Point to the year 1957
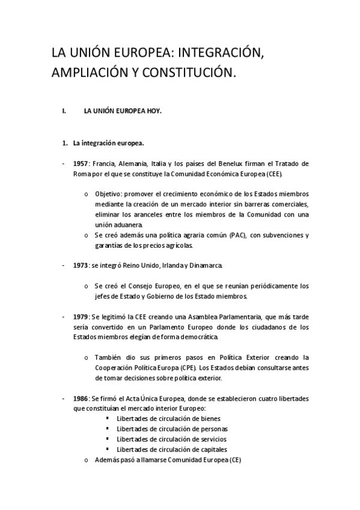click(81, 163)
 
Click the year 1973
click(81, 265)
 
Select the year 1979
click(81, 316)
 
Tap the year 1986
click(81, 398)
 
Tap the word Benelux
click(227, 163)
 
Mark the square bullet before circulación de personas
click(107, 429)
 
